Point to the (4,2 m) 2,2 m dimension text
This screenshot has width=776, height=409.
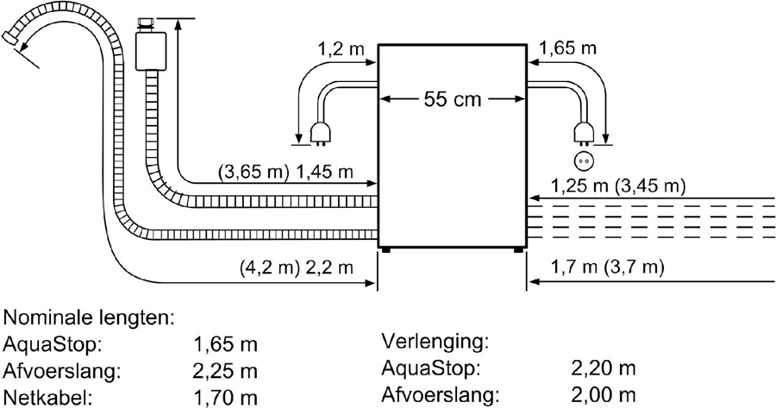[297, 267]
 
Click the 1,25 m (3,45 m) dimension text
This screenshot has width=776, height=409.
[618, 186]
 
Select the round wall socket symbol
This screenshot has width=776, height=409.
[584, 160]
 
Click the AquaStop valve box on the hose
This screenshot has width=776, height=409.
[151, 48]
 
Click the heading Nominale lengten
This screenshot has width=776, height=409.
[90, 318]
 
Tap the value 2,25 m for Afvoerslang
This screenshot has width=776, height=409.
[227, 371]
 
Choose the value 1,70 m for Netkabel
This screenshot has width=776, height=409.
[227, 398]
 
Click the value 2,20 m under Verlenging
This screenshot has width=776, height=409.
[604, 369]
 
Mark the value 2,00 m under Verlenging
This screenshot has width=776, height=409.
[604, 396]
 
